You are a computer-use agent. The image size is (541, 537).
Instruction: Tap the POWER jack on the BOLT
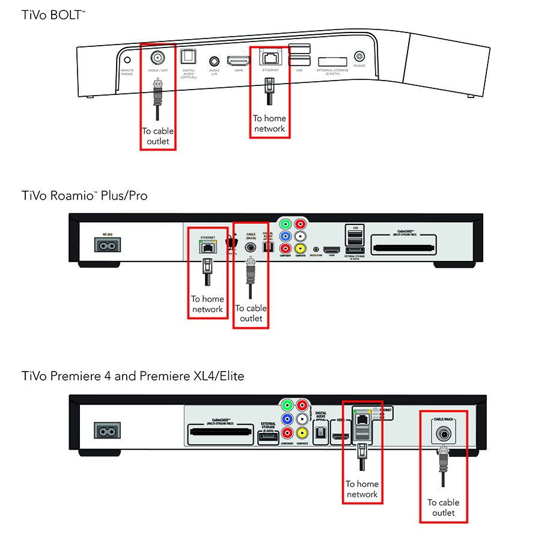coord(359,57)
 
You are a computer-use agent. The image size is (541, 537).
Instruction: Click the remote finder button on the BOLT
coord(127,60)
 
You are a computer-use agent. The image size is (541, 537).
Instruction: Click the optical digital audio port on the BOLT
coord(189,57)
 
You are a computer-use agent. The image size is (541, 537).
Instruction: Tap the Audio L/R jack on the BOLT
coord(215,60)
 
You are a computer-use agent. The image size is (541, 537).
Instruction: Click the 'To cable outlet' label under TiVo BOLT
coord(156,137)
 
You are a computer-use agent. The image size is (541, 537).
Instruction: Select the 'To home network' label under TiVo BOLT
coord(269,123)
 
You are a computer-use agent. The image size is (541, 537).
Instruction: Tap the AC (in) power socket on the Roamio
coord(107,245)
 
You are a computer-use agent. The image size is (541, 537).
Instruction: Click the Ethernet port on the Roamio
coord(207,246)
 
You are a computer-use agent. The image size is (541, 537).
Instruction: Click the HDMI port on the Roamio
coord(332,249)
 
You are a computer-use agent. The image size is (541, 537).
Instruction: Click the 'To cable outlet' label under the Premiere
coord(443,508)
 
